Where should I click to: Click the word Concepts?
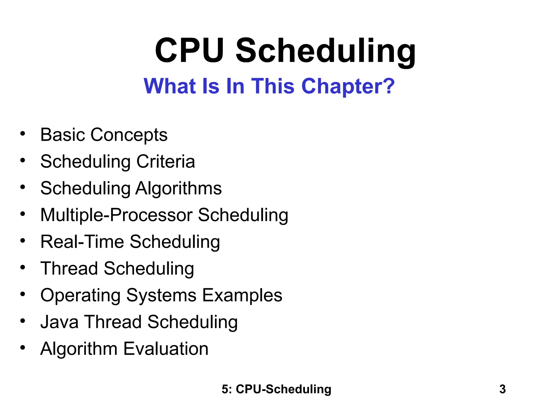tap(129, 135)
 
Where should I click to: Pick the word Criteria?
tap(166, 162)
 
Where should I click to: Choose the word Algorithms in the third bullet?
tap(178, 188)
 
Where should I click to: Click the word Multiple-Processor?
tap(116, 215)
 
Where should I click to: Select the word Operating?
tap(80, 296)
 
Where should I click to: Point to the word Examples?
tap(242, 296)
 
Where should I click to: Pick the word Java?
tap(59, 322)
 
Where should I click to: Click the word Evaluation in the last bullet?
tap(166, 349)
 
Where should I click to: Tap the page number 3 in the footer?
tap(502, 389)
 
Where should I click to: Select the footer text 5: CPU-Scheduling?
tap(276, 389)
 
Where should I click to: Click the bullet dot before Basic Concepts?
tap(23, 134)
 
